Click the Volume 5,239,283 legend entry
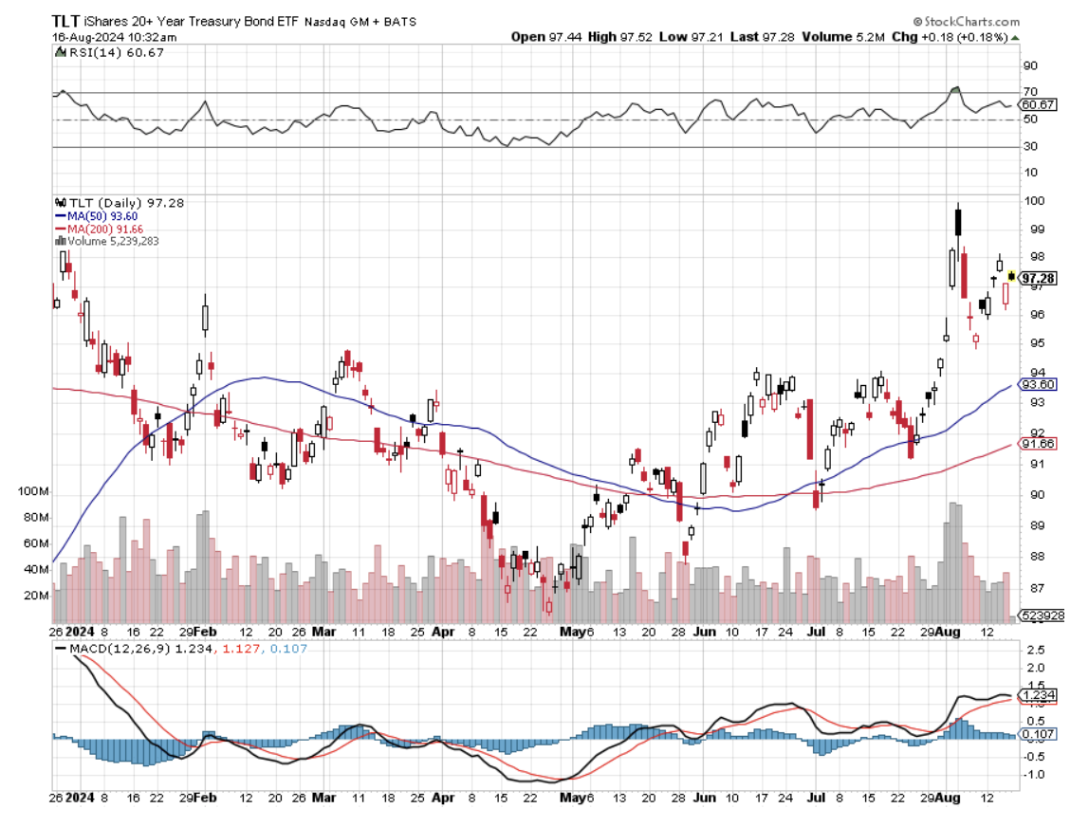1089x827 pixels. pyautogui.click(x=112, y=241)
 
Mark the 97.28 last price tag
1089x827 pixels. pyautogui.click(x=1038, y=278)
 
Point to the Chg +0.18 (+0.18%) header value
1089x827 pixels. pyautogui.click(x=958, y=37)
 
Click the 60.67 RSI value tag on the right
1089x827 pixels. pyautogui.click(x=1035, y=104)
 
